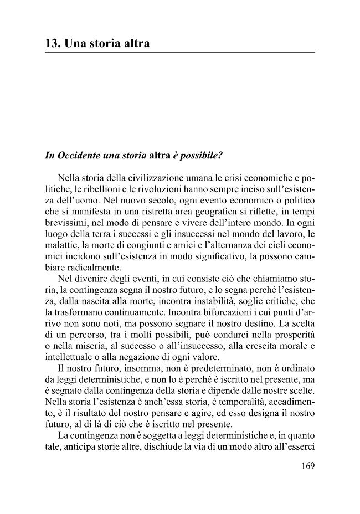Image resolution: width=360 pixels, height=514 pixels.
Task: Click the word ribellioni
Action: pyautogui.click(x=89, y=191)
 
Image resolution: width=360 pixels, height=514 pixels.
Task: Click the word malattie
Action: pyautogui.click(x=61, y=244)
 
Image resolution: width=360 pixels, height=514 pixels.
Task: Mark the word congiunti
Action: pyautogui.click(x=142, y=244)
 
